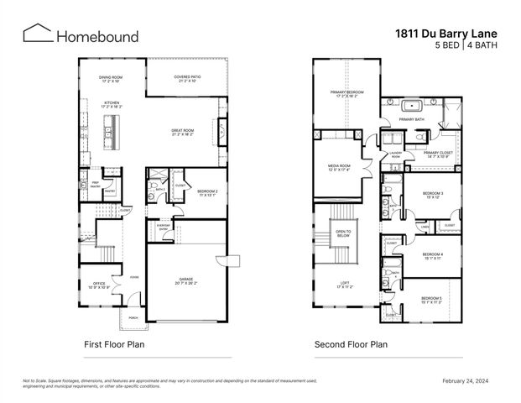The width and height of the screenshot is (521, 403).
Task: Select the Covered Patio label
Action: point(187,79)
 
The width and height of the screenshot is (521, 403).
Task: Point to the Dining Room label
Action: point(112,79)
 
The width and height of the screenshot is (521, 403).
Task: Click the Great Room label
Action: point(184,132)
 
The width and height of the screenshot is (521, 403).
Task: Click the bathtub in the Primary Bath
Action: point(412,107)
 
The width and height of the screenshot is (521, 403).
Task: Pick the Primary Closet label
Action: point(437,154)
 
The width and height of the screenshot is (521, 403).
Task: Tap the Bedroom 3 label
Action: point(432,195)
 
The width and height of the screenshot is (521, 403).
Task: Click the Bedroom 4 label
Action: point(432,256)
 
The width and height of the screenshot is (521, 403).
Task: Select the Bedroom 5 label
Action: point(431,300)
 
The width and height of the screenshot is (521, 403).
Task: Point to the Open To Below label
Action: point(342,234)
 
